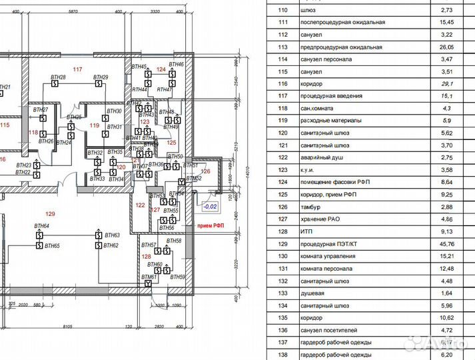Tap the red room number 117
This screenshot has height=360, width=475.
click(78, 69)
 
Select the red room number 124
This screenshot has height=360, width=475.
click(160, 69)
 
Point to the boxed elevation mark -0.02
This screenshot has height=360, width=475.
click(211, 206)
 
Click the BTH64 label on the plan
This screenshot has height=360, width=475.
click(41, 227)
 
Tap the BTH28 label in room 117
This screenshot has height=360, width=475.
click(58, 78)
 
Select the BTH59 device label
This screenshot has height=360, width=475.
click(177, 277)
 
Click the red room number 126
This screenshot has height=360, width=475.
click(205, 171)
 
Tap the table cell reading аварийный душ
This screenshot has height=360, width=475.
click(322, 157)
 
